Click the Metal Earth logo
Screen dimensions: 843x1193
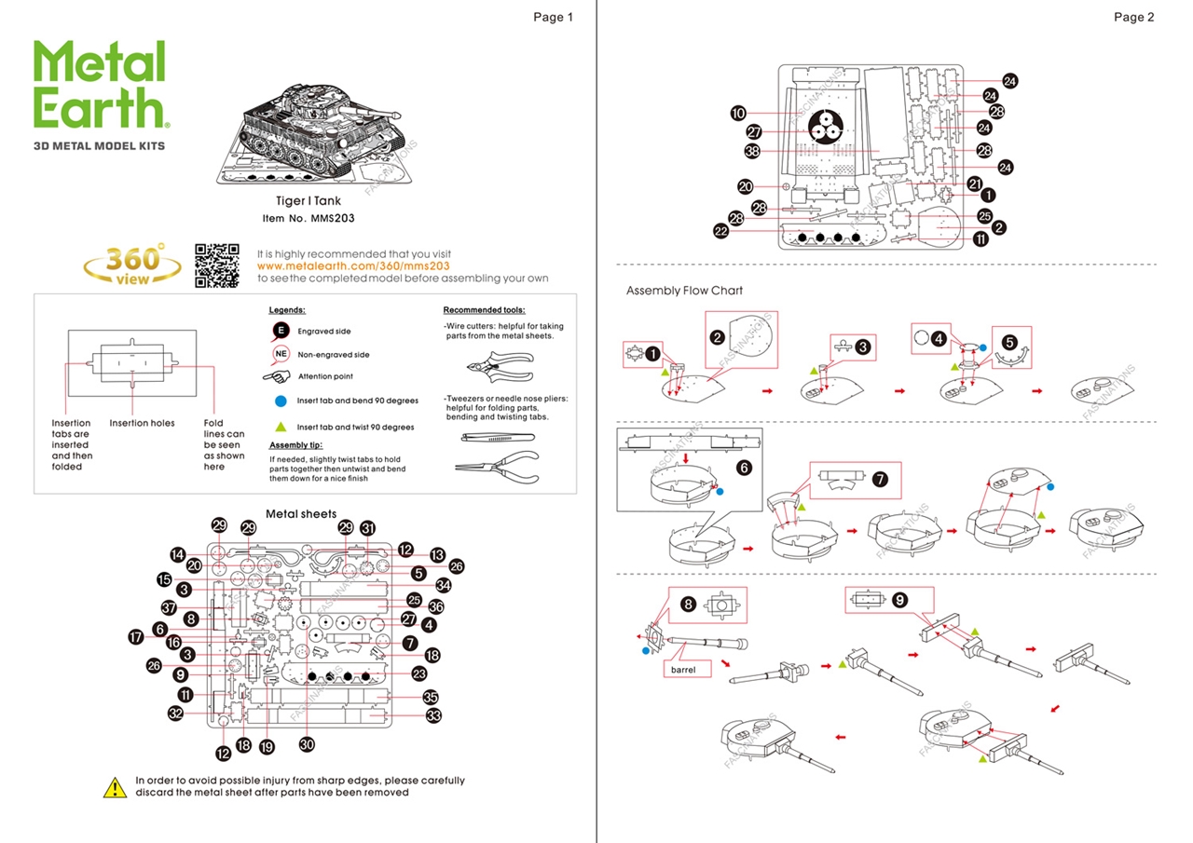(x=101, y=85)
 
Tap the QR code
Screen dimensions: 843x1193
(x=217, y=265)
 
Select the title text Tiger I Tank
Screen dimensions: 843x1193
(x=309, y=201)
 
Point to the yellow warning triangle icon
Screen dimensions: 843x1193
(x=115, y=787)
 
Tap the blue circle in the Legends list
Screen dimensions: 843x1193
(x=281, y=401)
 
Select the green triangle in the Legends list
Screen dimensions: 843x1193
(x=281, y=427)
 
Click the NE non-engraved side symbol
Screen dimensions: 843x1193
(x=281, y=354)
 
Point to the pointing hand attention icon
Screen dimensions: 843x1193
(x=278, y=376)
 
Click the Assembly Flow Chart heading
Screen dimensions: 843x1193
(x=684, y=291)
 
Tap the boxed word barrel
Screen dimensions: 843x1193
(x=683, y=669)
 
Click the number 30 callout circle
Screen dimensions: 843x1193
(x=308, y=745)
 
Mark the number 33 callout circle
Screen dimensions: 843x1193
(x=433, y=716)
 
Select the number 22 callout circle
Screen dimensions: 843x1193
(x=721, y=232)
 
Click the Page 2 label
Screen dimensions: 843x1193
(x=1133, y=17)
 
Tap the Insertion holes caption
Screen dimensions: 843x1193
(x=142, y=424)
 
